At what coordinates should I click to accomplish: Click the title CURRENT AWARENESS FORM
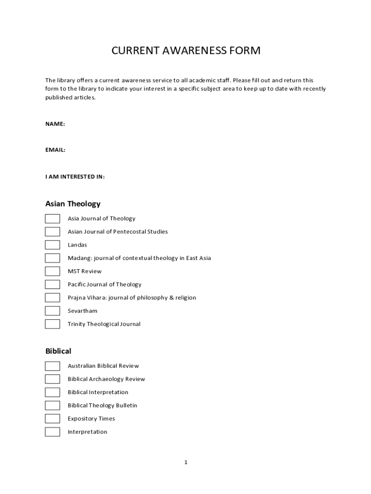tap(186, 51)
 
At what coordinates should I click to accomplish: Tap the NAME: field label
tap(55, 124)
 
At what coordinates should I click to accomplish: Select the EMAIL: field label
tap(55, 150)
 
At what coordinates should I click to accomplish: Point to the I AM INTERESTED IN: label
tap(75, 177)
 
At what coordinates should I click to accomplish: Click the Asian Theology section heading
tap(73, 204)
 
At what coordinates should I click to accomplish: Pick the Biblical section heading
tap(58, 351)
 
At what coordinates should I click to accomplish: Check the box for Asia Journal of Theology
tap(53, 219)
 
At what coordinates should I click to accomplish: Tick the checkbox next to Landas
tap(53, 245)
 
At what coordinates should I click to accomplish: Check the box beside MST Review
tap(53, 271)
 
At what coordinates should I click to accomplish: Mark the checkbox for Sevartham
tap(53, 311)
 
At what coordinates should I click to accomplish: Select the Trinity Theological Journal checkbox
tap(53, 324)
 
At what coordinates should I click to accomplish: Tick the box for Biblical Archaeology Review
tap(53, 379)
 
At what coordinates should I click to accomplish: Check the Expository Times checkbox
tap(53, 419)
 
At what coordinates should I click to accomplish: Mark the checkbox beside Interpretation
tap(53, 432)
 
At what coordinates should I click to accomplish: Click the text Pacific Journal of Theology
tap(105, 285)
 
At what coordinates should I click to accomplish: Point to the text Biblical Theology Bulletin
tap(102, 406)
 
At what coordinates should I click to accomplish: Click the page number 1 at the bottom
tap(185, 463)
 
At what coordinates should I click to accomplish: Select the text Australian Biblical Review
tap(103, 366)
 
